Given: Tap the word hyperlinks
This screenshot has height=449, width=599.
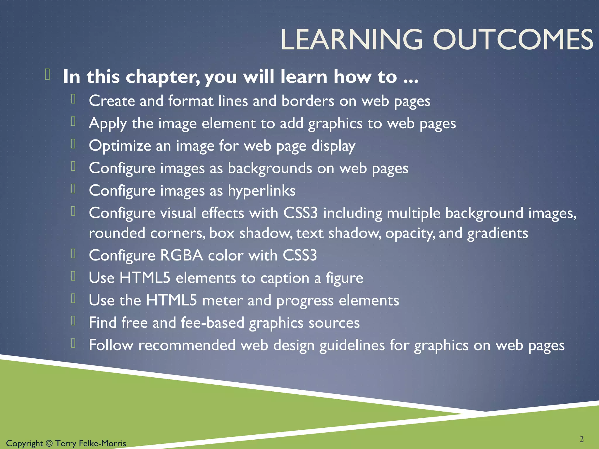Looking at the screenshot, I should [x=261, y=191].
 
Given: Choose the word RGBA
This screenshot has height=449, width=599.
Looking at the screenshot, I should [x=181, y=255].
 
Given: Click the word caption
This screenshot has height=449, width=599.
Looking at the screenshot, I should [x=285, y=278].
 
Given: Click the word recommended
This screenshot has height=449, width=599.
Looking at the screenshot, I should [x=187, y=345].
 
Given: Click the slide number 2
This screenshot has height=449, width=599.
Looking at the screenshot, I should [x=581, y=439].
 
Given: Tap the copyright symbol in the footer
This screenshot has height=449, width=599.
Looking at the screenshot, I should [x=49, y=443].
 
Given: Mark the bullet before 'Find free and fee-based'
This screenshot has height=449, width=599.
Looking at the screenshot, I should [x=73, y=321].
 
